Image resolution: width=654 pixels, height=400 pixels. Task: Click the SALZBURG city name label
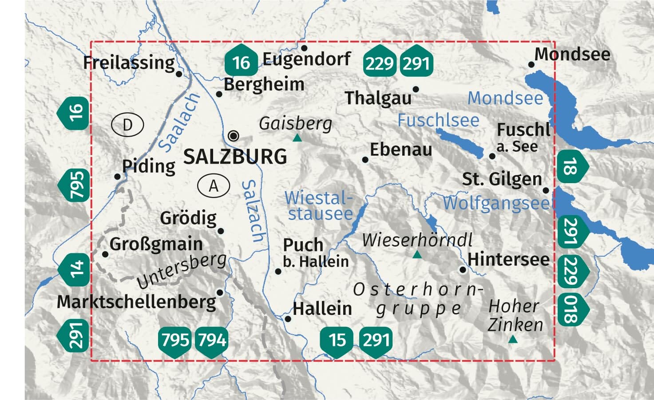point(235,157)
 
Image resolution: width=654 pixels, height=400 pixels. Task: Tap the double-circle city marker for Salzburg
point(233,136)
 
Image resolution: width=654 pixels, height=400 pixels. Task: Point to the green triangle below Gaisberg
point(297,138)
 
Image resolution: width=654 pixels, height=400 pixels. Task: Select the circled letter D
point(127,125)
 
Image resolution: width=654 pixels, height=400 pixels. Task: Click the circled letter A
point(214,186)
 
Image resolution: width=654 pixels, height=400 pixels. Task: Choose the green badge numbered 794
point(212,341)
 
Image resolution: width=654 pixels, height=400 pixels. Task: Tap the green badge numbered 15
point(337,341)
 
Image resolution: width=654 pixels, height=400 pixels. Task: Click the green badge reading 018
point(571,309)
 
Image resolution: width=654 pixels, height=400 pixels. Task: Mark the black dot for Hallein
point(288,319)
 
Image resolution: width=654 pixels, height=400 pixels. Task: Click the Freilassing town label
point(129,63)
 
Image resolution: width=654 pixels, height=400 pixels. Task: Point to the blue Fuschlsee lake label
point(438,120)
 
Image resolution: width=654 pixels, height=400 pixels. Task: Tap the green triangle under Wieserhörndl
point(417,255)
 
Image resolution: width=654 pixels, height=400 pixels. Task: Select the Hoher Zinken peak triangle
point(513,340)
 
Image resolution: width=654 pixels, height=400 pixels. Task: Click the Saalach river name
point(179,122)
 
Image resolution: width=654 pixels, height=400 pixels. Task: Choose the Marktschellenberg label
point(136,302)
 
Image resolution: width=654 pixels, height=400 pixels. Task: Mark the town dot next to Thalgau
point(416,90)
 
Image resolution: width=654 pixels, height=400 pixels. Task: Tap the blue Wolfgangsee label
point(496,203)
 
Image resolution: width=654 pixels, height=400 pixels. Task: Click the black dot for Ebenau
point(365,160)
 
